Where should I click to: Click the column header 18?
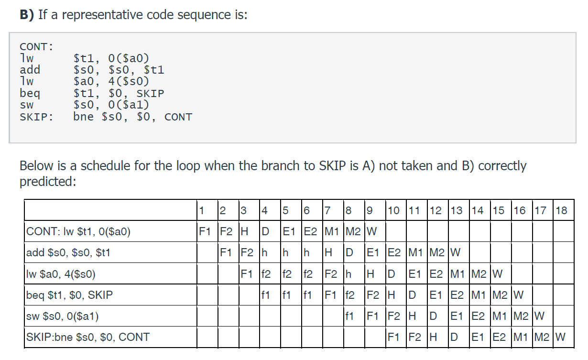[x=562, y=210]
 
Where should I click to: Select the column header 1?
[x=202, y=210]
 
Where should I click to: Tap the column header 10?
[x=394, y=210]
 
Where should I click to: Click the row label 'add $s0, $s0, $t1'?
[x=68, y=252]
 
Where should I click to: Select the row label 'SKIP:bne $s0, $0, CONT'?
[x=88, y=337]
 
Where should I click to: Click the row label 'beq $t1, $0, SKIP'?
[x=70, y=295]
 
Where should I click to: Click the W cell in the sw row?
[x=540, y=316]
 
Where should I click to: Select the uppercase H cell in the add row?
[x=328, y=252]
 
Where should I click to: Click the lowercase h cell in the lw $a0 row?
[x=348, y=274]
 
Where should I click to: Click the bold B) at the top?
[x=26, y=15]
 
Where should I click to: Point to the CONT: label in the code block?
[x=36, y=47]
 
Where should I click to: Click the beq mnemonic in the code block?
[x=30, y=94]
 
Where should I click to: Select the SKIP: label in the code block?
[x=36, y=117]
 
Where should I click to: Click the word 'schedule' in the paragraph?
[x=106, y=166]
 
